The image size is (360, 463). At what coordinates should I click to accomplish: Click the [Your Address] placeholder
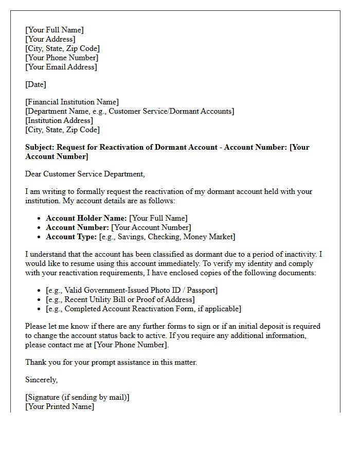(50, 39)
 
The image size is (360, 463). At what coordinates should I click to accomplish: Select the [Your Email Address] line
(61, 67)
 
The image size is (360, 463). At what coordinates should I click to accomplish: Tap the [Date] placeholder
(35, 84)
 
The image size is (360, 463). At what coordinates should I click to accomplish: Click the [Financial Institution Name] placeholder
(72, 102)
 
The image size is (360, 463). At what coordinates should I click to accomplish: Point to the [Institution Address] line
(59, 120)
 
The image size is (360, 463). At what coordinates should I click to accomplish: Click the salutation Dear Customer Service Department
(85, 174)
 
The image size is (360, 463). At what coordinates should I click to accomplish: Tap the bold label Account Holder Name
(86, 218)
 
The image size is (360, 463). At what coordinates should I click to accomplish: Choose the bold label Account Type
(71, 237)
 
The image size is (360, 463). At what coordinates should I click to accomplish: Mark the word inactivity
(303, 254)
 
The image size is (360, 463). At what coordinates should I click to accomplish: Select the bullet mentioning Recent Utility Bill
(120, 299)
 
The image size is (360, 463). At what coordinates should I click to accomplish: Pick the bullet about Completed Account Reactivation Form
(143, 309)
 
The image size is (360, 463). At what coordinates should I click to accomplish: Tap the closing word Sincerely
(41, 380)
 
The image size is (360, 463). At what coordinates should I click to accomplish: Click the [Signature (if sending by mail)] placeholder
(77, 397)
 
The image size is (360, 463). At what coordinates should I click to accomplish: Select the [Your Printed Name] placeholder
(60, 406)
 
